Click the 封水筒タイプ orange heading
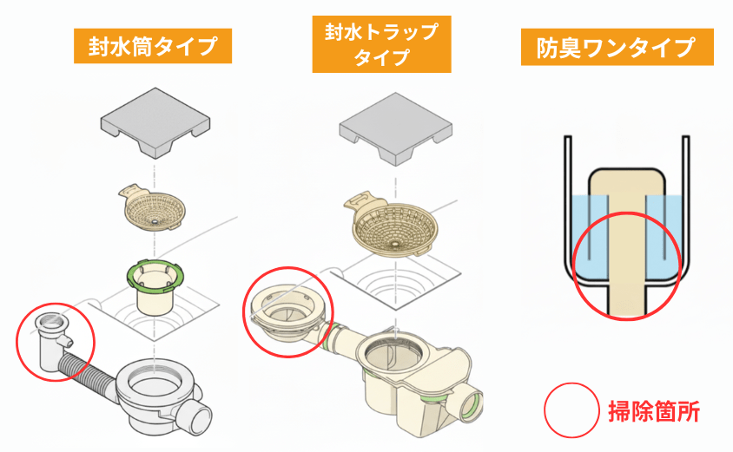pos(152,46)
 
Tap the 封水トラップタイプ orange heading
pos(383,46)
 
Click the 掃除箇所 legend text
pos(653,410)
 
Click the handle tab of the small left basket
pos(129,188)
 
